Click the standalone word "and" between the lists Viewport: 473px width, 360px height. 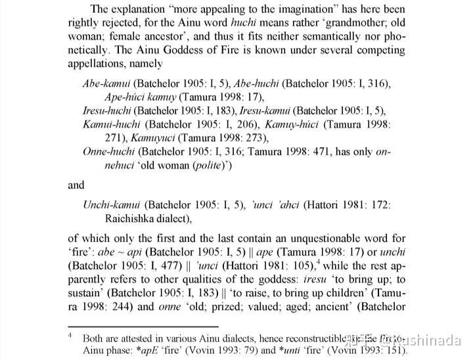tap(76, 185)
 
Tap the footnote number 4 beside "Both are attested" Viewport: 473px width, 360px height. tap(70, 336)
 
